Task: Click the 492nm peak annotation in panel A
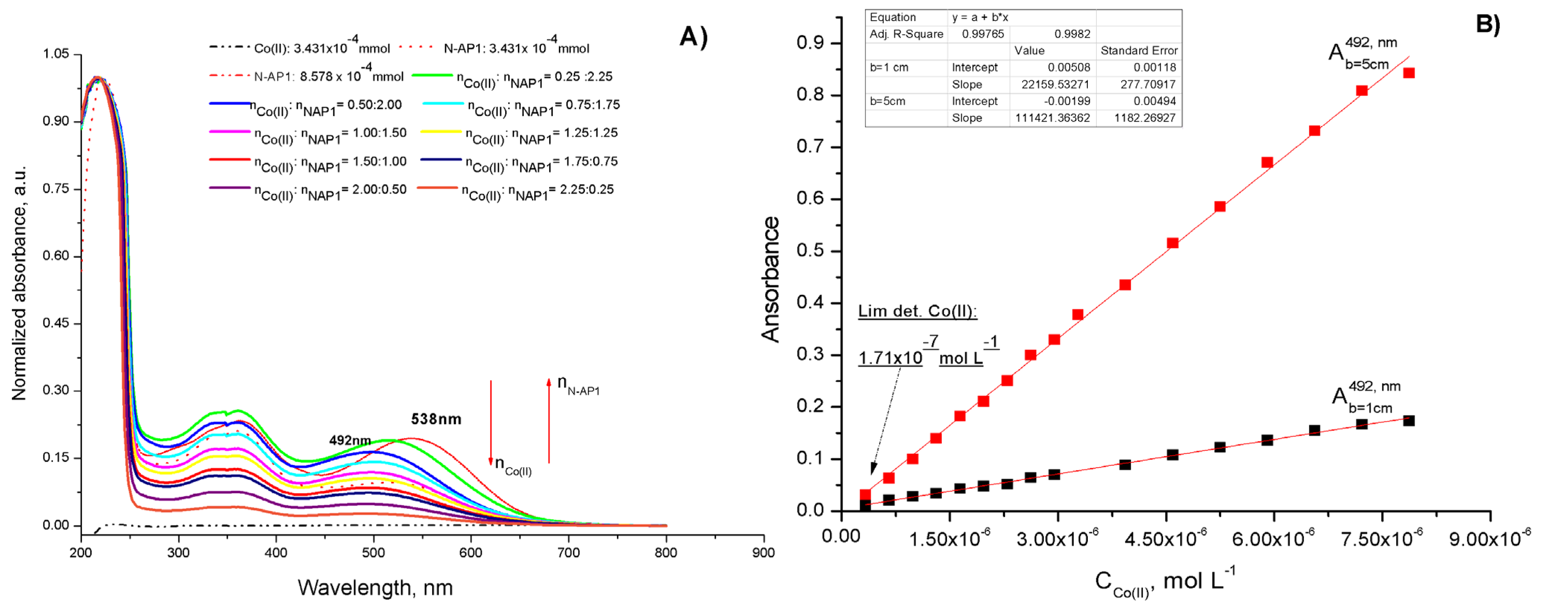[x=350, y=440]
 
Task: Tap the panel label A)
[x=694, y=37]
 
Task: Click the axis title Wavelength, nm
[x=375, y=587]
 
